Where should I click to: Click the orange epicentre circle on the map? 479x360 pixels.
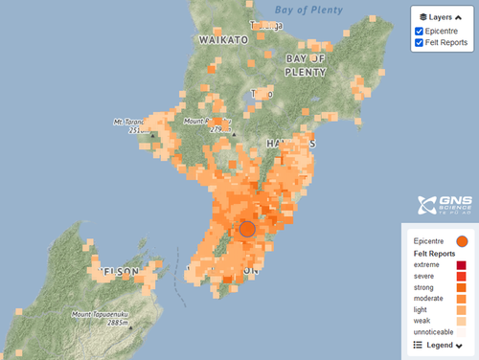[x=247, y=229]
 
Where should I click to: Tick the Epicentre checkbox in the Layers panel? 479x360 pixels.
[x=420, y=32]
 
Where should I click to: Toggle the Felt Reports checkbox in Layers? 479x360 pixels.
[x=420, y=44]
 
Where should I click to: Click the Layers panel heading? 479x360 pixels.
[x=442, y=16]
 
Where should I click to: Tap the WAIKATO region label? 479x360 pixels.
[x=222, y=40]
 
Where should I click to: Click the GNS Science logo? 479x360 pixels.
[x=441, y=205]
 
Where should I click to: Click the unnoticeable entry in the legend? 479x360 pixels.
[x=436, y=332]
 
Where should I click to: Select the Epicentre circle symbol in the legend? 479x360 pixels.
[x=462, y=240]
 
